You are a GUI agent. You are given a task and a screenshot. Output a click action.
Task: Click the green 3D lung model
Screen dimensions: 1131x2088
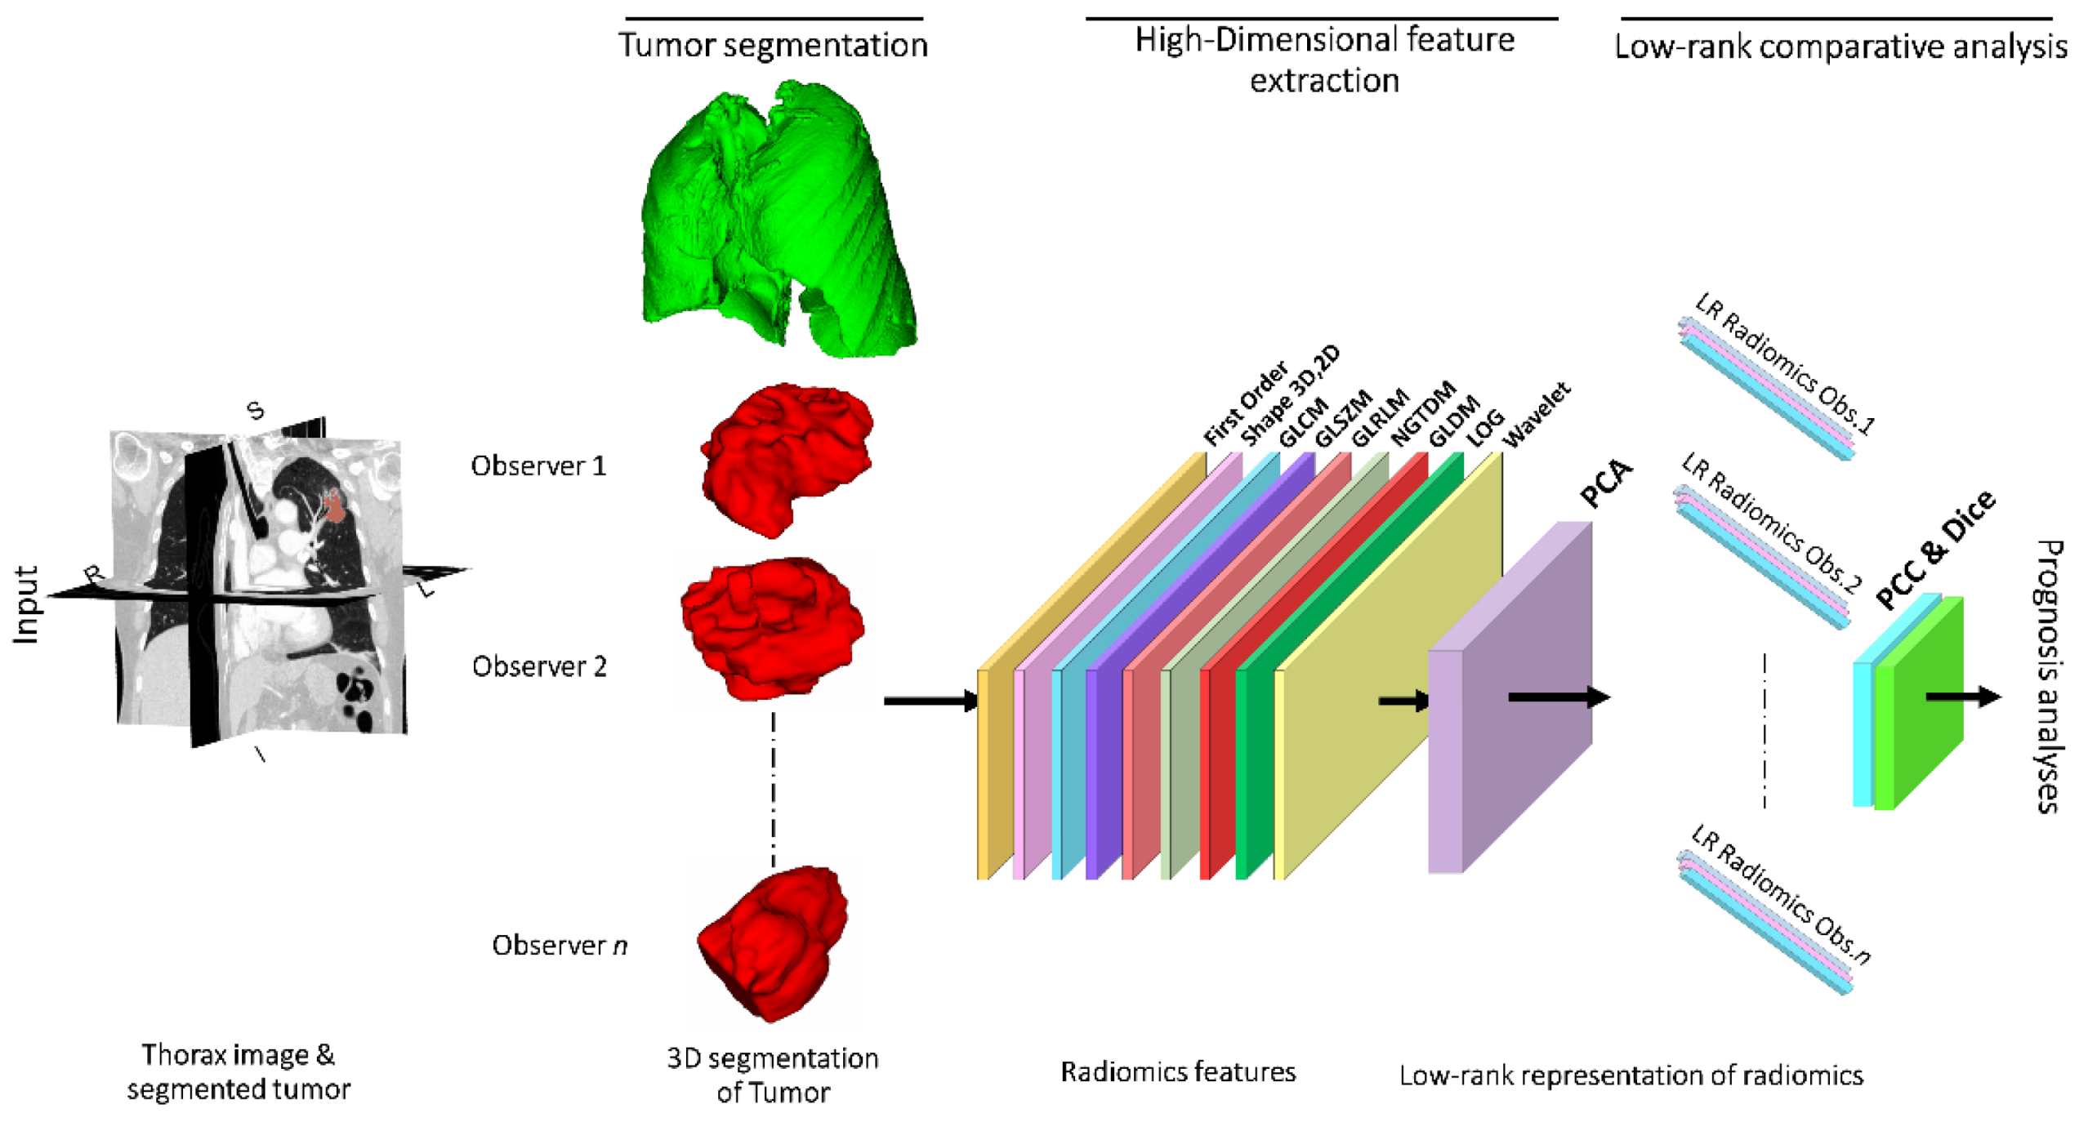776,220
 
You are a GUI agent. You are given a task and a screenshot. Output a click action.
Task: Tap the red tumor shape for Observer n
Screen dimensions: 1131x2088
772,943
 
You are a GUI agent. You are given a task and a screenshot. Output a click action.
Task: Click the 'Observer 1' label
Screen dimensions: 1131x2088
538,466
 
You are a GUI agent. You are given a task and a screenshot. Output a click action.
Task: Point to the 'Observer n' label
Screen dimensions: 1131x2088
560,945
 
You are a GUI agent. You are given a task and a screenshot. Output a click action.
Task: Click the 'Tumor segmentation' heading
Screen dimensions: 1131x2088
773,45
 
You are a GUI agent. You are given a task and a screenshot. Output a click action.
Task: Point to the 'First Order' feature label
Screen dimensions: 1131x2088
1245,403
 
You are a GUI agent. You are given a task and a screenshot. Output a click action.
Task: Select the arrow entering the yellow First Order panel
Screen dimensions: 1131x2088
931,701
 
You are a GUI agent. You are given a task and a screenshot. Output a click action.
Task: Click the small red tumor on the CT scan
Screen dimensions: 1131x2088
334,505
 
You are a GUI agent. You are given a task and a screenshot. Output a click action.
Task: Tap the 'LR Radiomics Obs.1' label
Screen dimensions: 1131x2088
1785,363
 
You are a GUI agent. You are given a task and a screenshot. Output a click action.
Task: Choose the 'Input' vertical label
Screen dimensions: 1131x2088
26,605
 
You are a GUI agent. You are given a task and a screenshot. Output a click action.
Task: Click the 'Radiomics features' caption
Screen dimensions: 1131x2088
1177,1071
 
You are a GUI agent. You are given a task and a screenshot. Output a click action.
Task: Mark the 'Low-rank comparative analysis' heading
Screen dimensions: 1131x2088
1840,47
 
